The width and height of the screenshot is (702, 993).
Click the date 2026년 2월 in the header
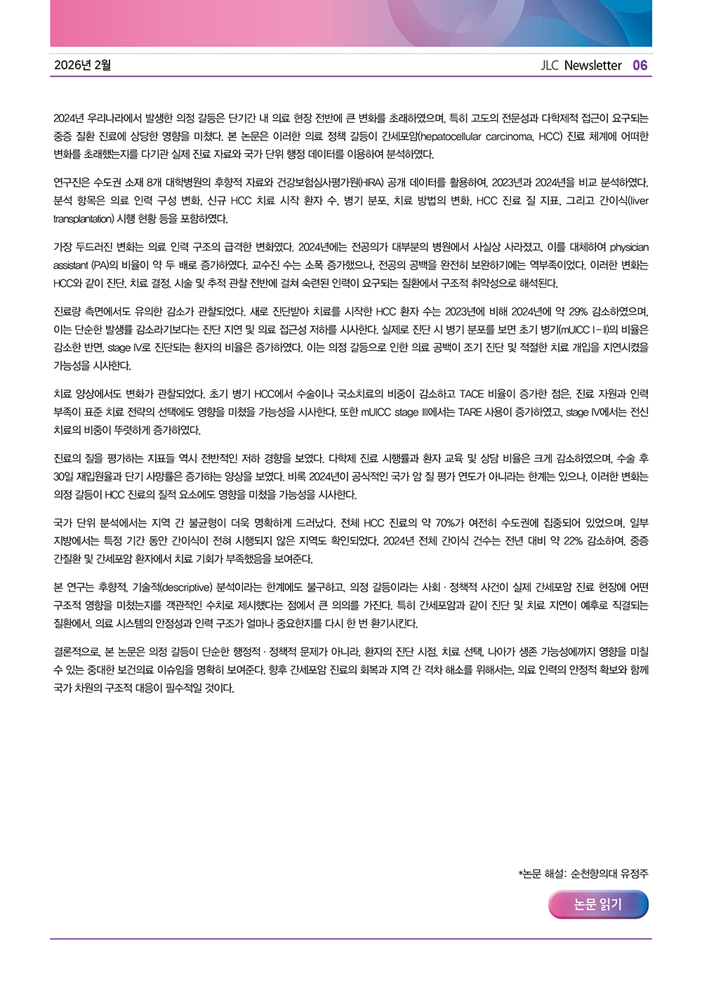(82, 65)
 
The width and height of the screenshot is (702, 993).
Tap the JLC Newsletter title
(581, 65)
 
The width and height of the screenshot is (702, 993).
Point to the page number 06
(640, 65)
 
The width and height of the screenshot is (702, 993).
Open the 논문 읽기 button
(598, 905)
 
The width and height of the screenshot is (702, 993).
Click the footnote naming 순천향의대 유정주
(583, 874)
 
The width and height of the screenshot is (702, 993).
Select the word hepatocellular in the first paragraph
(453, 136)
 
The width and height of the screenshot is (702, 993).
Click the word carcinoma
(508, 136)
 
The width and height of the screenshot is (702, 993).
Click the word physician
(629, 247)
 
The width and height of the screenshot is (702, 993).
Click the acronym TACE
(472, 394)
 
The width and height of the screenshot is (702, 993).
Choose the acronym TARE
(470, 412)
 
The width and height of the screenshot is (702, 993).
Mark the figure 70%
(447, 523)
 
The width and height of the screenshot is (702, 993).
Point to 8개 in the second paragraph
(155, 182)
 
